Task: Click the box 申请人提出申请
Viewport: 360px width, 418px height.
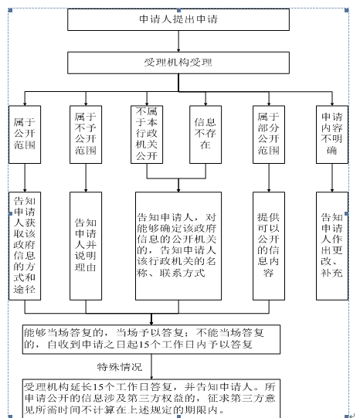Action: coord(178,19)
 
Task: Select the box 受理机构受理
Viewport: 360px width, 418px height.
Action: coord(178,63)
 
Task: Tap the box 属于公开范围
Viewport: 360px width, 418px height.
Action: coord(25,134)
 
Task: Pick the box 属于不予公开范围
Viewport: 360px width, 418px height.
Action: coord(86,134)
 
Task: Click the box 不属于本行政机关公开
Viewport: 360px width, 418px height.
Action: coord(147,134)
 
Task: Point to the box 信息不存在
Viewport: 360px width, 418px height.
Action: coord(205,134)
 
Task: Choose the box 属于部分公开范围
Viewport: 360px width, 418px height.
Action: coord(269,134)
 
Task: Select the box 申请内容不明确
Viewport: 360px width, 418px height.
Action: coord(332,134)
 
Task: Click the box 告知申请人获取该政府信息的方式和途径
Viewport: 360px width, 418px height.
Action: coord(25,246)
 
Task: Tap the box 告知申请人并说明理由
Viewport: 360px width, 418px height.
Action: coord(86,246)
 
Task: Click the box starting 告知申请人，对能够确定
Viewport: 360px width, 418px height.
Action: coord(178,246)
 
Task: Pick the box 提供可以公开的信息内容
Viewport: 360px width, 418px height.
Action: coord(269,246)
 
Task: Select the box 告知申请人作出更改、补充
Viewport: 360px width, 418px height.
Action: coord(332,246)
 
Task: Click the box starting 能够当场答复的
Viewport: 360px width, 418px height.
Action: coord(151,339)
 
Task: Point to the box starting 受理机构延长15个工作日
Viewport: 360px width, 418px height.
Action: coord(151,398)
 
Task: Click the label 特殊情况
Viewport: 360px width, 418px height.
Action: coord(120,367)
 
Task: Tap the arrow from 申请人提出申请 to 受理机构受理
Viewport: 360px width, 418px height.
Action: coord(178,41)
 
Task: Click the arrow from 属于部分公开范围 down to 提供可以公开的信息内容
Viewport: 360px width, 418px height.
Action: coord(269,178)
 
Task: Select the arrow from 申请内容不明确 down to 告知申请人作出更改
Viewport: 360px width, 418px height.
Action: coord(332,178)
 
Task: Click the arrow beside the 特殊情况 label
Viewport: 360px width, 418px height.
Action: coord(151,366)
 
